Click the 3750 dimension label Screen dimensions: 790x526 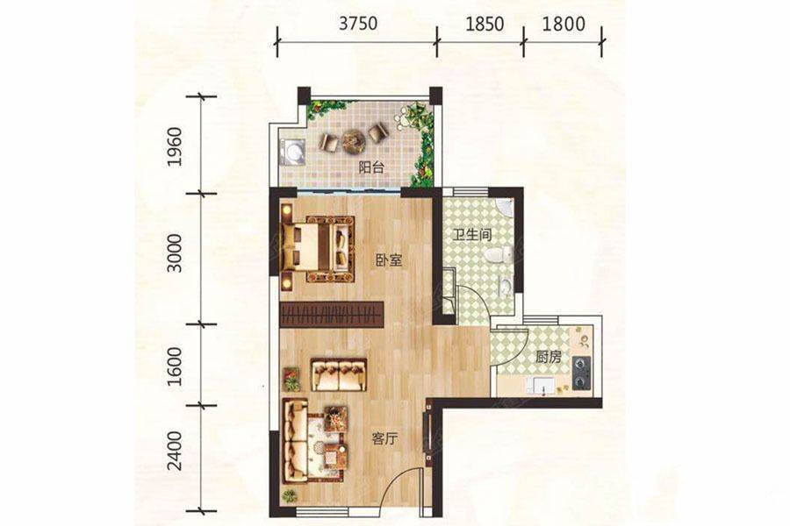pos(358,24)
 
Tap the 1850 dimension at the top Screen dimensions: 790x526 pos(485,24)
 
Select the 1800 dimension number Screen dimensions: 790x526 pos(564,24)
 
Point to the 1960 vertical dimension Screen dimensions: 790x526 pos(175,146)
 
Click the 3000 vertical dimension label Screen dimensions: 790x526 pos(175,253)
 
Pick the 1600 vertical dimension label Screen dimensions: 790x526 pos(175,366)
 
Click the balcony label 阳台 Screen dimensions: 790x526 pos(371,167)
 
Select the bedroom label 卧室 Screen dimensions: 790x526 pos(389,260)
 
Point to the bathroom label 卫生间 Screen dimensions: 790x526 pos(471,235)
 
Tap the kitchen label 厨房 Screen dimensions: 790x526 pos(548,358)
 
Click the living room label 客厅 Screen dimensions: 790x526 pos(385,439)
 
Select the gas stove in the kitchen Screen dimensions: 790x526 pos(581,373)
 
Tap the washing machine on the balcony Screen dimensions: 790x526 pos(294,151)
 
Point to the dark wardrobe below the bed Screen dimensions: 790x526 pos(331,315)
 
